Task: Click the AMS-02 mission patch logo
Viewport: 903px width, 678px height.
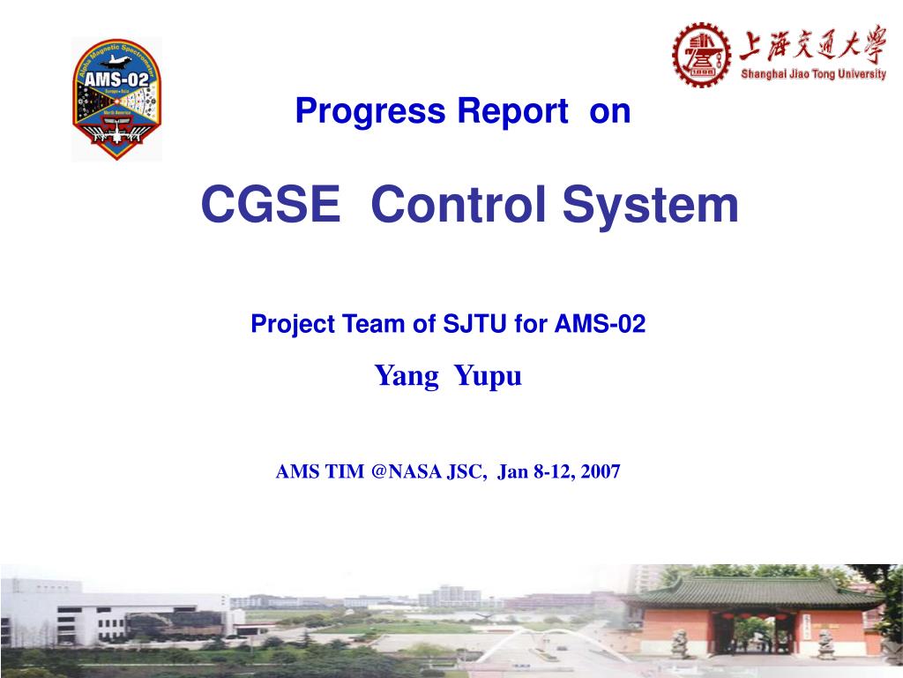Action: (x=116, y=99)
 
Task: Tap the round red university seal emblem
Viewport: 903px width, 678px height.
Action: (x=702, y=54)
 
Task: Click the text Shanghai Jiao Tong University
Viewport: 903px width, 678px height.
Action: (x=813, y=75)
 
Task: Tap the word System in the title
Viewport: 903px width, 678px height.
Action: (x=651, y=205)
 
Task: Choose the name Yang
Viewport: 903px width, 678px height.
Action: (x=407, y=377)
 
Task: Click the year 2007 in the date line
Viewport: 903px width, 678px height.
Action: (x=601, y=472)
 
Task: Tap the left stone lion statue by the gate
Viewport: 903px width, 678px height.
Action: (x=680, y=643)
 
